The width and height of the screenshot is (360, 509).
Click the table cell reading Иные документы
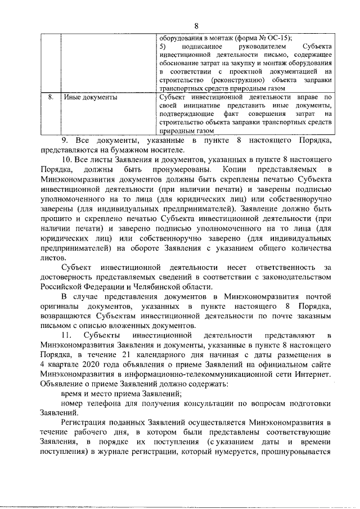[91, 97]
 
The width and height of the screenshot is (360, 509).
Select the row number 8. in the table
[51, 97]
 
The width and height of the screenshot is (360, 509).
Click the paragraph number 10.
[66, 159]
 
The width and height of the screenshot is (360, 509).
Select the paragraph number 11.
[67, 336]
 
